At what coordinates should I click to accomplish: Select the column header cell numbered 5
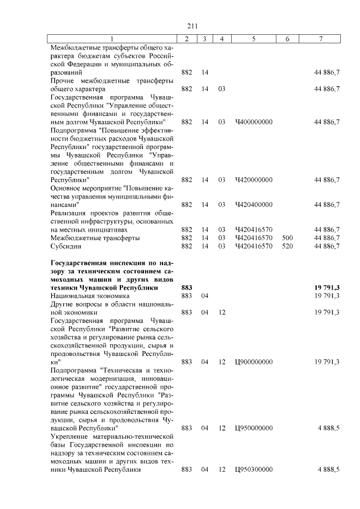click(x=254, y=38)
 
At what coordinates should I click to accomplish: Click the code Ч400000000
click(x=254, y=122)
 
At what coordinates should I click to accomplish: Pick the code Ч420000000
click(x=254, y=180)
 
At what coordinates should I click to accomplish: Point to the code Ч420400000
click(x=254, y=205)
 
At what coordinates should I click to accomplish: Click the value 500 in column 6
click(x=287, y=238)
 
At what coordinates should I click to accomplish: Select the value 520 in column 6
click(x=287, y=246)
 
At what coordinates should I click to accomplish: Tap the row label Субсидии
click(x=66, y=246)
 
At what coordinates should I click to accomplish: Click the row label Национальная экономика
click(x=90, y=295)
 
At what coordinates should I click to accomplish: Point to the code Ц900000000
click(x=254, y=362)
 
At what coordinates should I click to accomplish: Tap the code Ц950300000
click(x=254, y=470)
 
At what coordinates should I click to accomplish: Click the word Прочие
click(x=64, y=80)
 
